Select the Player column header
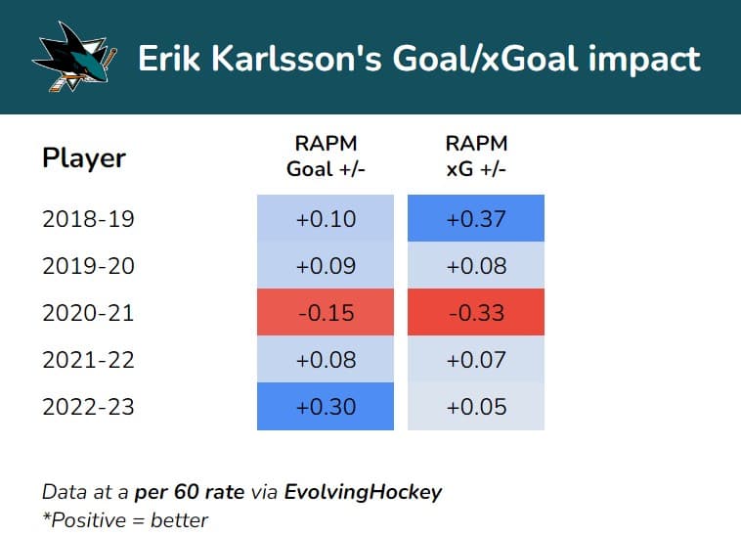pyautogui.click(x=84, y=157)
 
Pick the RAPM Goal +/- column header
pyautogui.click(x=326, y=156)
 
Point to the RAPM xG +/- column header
pyautogui.click(x=476, y=156)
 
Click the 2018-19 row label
pyautogui.click(x=88, y=218)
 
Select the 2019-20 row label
pyautogui.click(x=88, y=265)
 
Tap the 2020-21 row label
pyautogui.click(x=88, y=313)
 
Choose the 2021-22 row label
pyautogui.click(x=88, y=360)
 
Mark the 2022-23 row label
pyautogui.click(x=88, y=407)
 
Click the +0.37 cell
pyautogui.click(x=476, y=218)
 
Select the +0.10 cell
pyautogui.click(x=326, y=218)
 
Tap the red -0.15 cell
pyautogui.click(x=326, y=313)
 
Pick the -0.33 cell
pyautogui.click(x=476, y=313)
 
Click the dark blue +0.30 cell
pyautogui.click(x=326, y=407)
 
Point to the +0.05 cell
pyautogui.click(x=476, y=407)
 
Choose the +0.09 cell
pyautogui.click(x=326, y=265)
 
